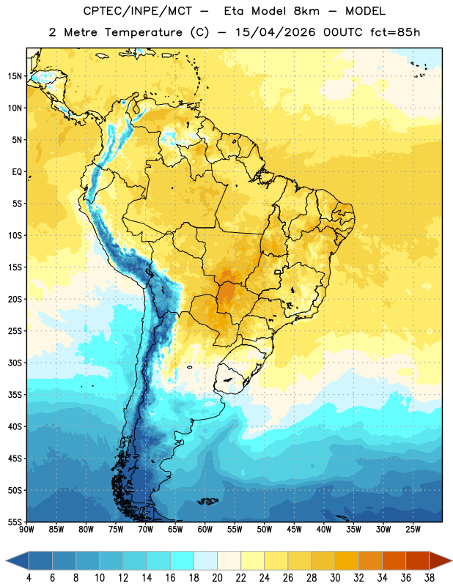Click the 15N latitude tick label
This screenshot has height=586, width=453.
coord(15,76)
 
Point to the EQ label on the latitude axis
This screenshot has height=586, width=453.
coord(17,172)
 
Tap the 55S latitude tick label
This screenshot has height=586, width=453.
coord(15,522)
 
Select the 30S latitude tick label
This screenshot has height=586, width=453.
coord(15,363)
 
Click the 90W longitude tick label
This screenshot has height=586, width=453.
coord(26,530)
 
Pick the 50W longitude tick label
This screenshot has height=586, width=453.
coord(265,530)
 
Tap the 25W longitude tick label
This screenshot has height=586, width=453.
coord(413,530)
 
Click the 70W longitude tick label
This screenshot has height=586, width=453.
coord(146,530)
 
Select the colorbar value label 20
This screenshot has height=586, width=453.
coord(217,578)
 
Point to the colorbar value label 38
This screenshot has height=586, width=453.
coord(429,578)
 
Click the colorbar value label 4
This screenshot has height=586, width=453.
coord(29,578)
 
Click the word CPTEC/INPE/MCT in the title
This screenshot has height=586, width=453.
coord(138,11)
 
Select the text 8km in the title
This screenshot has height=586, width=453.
coord(306,11)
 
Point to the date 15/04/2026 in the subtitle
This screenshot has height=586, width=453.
coord(276,32)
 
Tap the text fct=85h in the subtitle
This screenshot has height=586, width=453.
coord(395,32)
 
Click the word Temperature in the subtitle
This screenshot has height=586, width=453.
coord(143,32)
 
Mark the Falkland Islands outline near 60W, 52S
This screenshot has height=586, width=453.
coord(207,501)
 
